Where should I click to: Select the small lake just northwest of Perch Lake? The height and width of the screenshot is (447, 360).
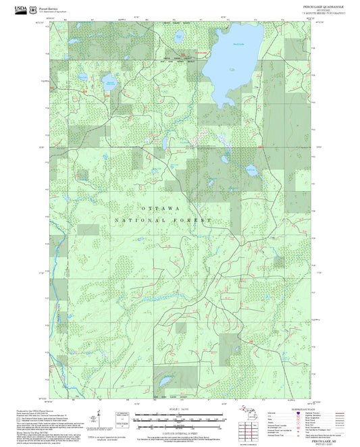click(x=179, y=35)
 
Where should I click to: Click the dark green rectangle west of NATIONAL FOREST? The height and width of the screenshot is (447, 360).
click(x=88, y=230)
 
